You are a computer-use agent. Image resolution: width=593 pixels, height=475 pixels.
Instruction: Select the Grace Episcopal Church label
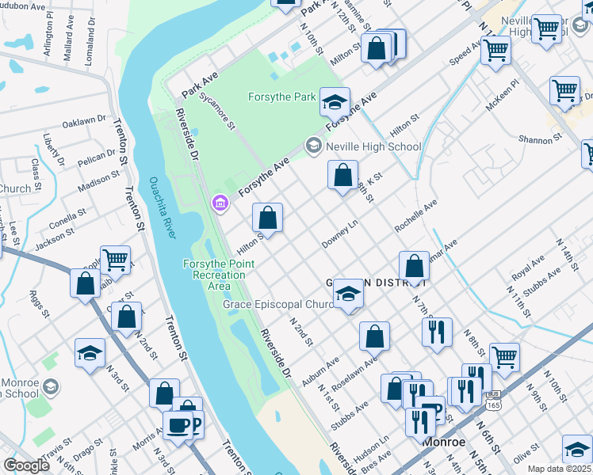coord(278,304)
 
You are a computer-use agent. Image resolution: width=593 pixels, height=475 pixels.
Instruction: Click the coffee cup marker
coord(178,425)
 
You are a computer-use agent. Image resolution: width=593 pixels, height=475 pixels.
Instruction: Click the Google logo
coord(26,465)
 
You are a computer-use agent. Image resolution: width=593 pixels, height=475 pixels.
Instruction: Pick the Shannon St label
coord(540,139)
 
